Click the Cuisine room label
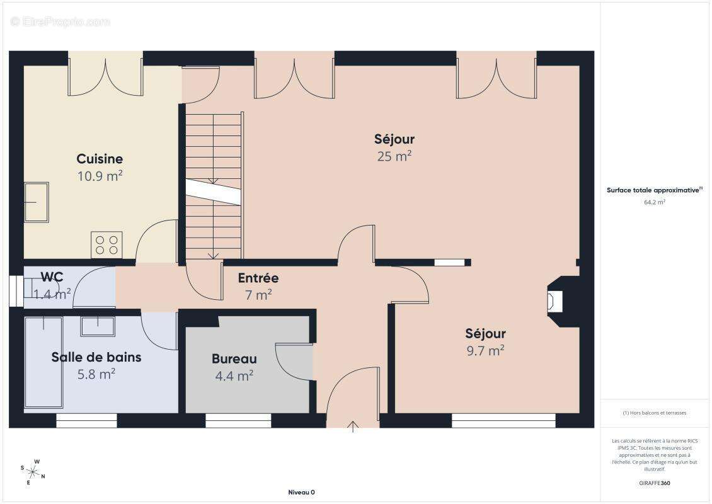(x=100, y=159)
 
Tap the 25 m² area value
(x=394, y=156)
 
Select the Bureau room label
(x=234, y=358)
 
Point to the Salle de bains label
(x=96, y=357)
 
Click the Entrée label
(x=258, y=278)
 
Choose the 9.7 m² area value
(x=485, y=351)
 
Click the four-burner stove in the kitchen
(x=106, y=244)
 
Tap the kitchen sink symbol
(x=37, y=202)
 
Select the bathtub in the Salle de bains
(x=43, y=362)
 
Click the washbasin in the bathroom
(x=98, y=326)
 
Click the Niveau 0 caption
(x=302, y=492)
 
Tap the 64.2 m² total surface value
(x=654, y=202)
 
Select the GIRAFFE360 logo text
(x=654, y=483)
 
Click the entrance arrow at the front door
(x=353, y=427)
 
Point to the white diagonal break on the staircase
(x=213, y=192)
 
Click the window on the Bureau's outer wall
(x=238, y=420)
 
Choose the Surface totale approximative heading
(x=654, y=190)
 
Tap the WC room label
(x=52, y=277)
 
